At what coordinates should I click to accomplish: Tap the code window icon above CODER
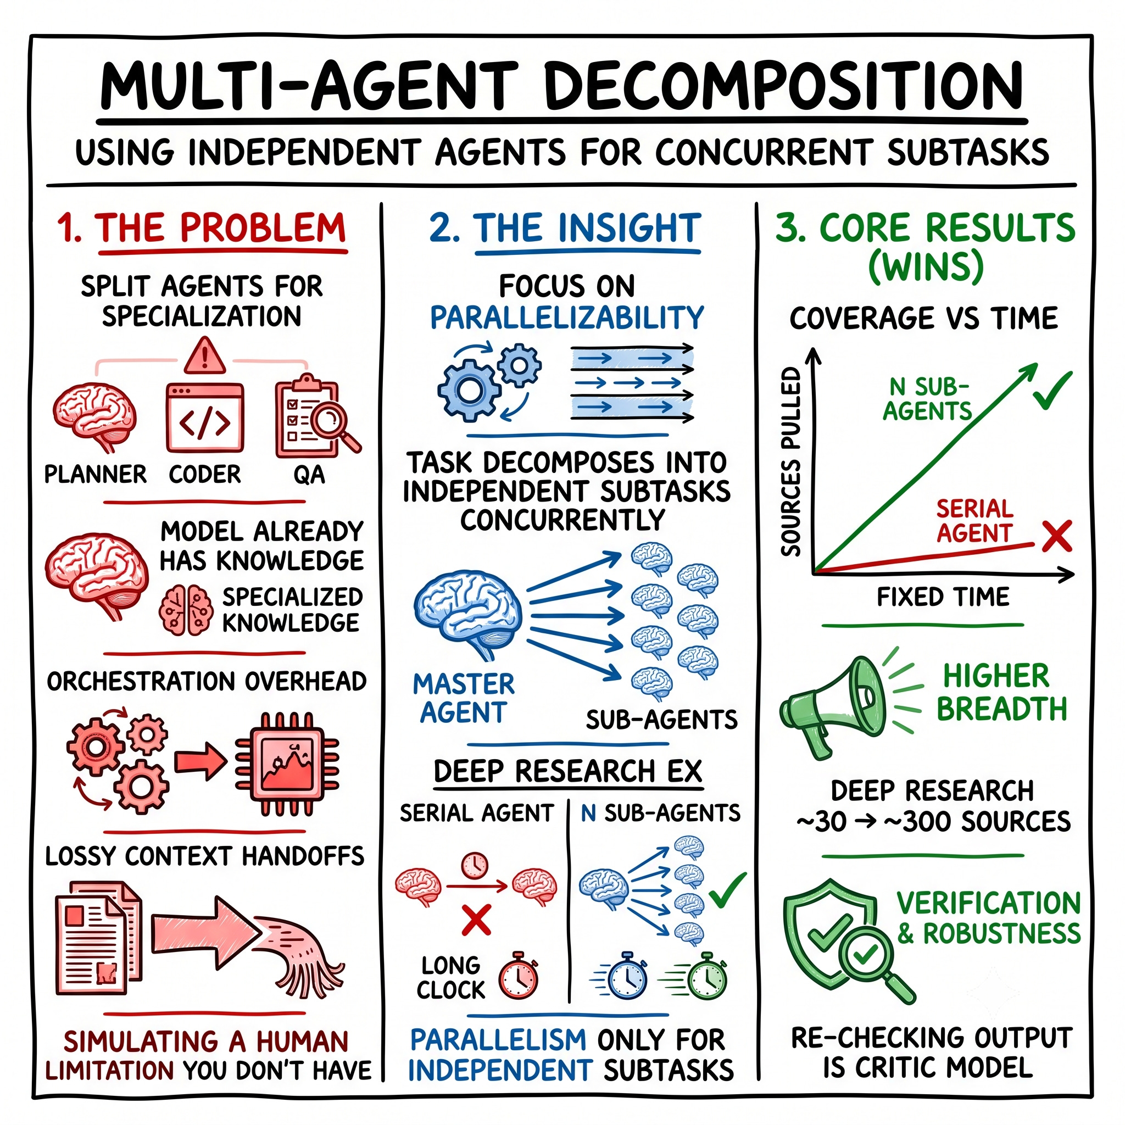coord(204,417)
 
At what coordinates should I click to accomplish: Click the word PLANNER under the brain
coord(96,475)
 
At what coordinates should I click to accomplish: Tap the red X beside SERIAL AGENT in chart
coord(1057,536)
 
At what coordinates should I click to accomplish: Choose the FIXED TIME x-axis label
coord(943,597)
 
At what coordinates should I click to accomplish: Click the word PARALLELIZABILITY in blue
coord(566,318)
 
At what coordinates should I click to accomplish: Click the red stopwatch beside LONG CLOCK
coord(518,976)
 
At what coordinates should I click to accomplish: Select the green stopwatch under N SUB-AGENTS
coord(706,976)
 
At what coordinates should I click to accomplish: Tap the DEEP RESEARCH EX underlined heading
coord(569,772)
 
